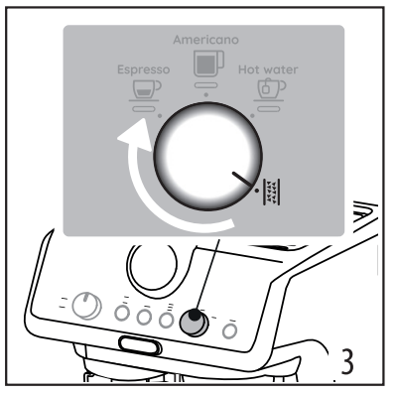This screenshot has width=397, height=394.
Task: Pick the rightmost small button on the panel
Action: point(229,327)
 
